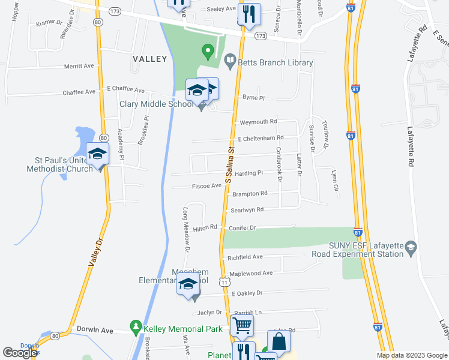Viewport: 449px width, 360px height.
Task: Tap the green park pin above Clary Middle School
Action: click(x=208, y=52)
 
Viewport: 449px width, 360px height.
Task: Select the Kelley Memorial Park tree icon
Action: click(x=136, y=328)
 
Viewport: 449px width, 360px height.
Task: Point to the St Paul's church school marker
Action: click(x=97, y=154)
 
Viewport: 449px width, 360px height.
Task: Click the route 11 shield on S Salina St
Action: click(x=224, y=281)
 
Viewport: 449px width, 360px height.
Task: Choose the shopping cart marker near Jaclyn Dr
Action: click(x=242, y=326)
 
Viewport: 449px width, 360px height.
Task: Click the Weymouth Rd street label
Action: click(x=258, y=122)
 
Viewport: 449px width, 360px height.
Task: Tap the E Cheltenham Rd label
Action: click(x=261, y=137)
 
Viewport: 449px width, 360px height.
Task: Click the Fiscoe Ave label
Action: click(x=207, y=186)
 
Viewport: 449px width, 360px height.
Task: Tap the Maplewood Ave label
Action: click(x=251, y=273)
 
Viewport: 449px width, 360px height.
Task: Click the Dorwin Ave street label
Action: click(x=95, y=330)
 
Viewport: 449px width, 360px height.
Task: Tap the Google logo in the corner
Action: click(x=20, y=353)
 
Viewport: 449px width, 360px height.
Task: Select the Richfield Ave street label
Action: click(x=245, y=257)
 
